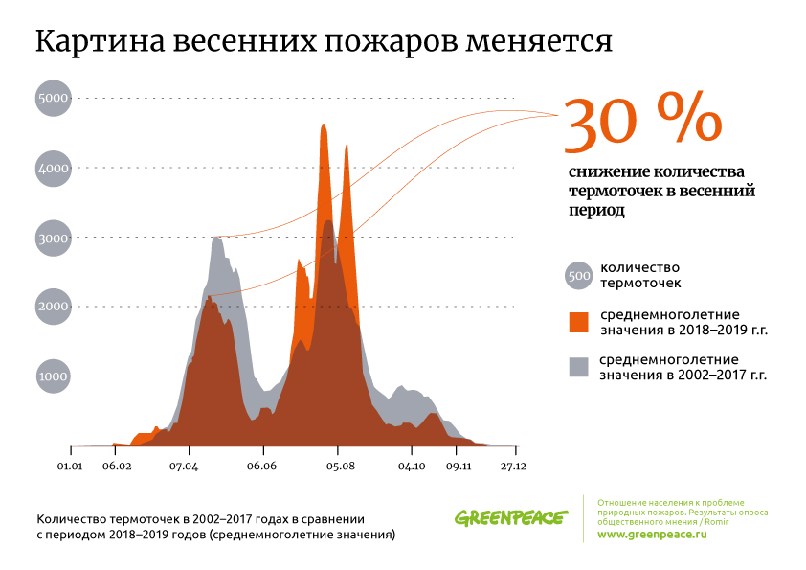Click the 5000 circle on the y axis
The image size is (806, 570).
point(53,98)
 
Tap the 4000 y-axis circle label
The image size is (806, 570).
point(53,168)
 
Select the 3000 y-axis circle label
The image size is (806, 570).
point(53,237)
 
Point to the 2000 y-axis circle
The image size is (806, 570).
point(53,307)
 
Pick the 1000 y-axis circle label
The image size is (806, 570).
point(53,376)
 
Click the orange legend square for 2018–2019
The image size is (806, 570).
point(578,322)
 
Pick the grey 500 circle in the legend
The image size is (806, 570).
point(578,276)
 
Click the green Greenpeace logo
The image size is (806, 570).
point(511,518)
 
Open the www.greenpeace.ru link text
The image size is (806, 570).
point(651,534)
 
